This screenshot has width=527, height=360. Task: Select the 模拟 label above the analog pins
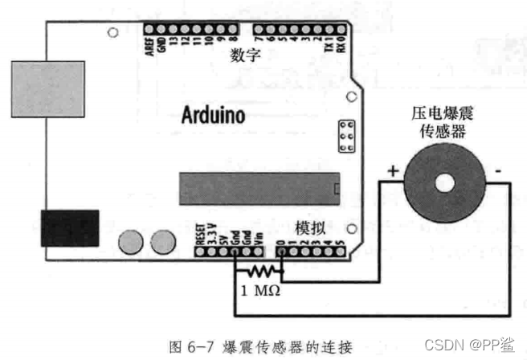[x=311, y=227]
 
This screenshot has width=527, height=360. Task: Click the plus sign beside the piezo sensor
[x=393, y=170]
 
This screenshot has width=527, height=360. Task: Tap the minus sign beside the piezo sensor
[x=499, y=170]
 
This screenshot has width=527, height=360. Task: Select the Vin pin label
[x=259, y=236]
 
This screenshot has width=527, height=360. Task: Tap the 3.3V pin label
[x=210, y=234]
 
